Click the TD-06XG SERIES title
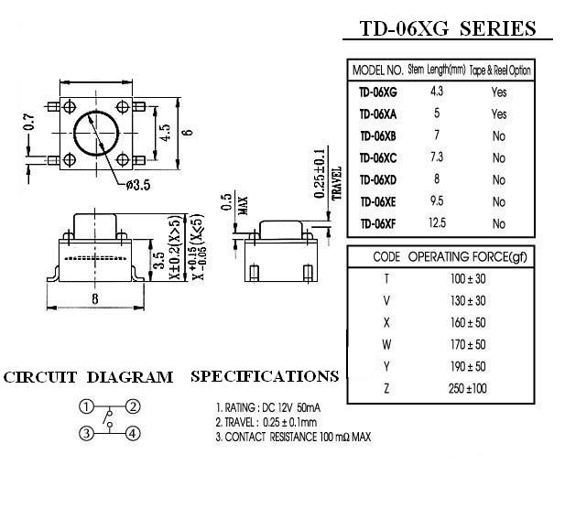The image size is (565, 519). pyautogui.click(x=448, y=28)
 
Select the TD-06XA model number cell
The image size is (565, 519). pyautogui.click(x=377, y=114)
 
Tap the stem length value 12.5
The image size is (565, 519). pyautogui.click(x=438, y=222)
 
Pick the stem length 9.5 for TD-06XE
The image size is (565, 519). pyautogui.click(x=438, y=201)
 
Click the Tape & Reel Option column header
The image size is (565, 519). pyautogui.click(x=500, y=70)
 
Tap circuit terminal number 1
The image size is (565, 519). pyautogui.click(x=85, y=407)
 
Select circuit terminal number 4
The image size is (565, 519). pyautogui.click(x=133, y=433)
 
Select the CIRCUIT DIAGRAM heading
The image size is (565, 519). pyautogui.click(x=88, y=377)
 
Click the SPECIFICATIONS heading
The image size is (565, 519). pyautogui.click(x=265, y=376)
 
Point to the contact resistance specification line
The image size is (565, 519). pyautogui.click(x=293, y=437)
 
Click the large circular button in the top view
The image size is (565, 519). pyautogui.click(x=95, y=133)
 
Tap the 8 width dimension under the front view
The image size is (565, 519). pyautogui.click(x=96, y=298)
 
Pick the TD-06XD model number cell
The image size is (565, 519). pyautogui.click(x=377, y=179)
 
